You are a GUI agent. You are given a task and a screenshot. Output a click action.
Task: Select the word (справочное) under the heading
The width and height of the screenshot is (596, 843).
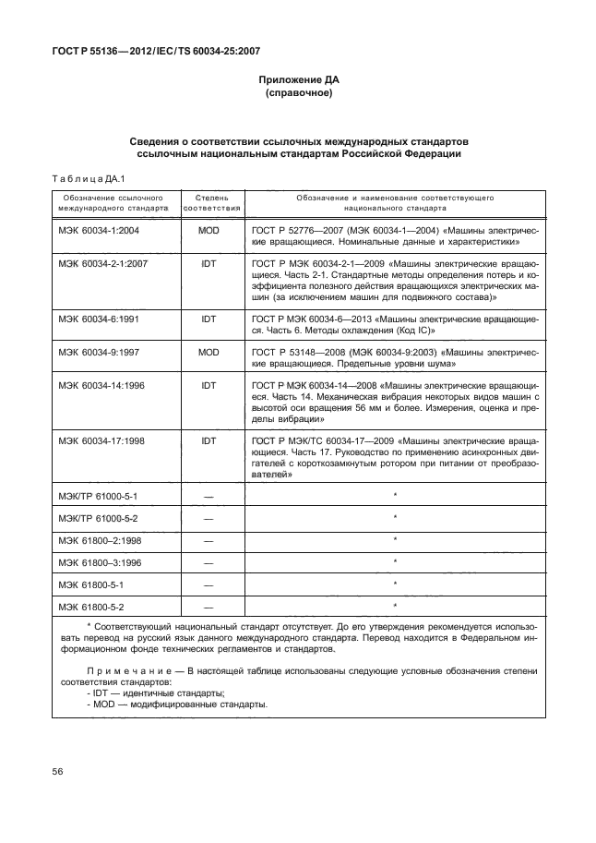tap(297, 94)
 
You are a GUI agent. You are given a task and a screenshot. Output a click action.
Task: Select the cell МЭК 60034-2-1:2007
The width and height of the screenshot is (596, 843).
tap(102, 264)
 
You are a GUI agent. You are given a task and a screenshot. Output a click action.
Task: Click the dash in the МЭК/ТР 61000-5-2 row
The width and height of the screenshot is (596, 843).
tap(208, 519)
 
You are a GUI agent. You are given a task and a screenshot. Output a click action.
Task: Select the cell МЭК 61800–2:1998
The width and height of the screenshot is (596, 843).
tap(99, 540)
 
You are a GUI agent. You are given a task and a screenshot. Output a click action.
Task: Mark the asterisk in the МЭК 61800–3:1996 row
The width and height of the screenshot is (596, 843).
tap(394, 560)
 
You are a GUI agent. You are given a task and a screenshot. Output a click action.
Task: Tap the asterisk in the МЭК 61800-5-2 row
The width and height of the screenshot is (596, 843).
tap(394, 605)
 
